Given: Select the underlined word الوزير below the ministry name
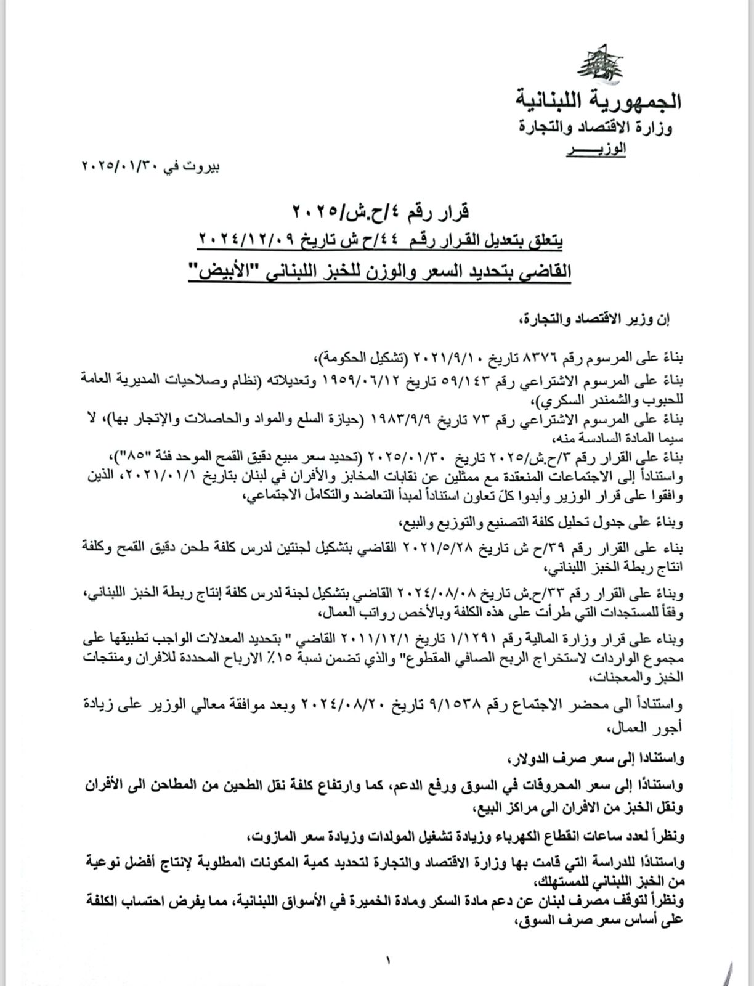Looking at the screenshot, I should point(596,149).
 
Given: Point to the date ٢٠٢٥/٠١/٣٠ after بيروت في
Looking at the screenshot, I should point(116,166).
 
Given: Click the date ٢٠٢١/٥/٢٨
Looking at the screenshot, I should point(434,547).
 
